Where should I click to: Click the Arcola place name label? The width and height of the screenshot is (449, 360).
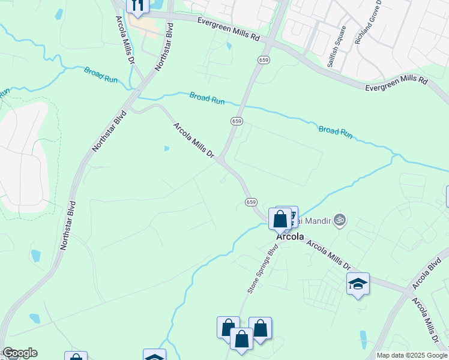pyautogui.click(x=291, y=237)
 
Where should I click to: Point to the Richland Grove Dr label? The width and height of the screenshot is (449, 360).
pyautogui.click(x=369, y=22)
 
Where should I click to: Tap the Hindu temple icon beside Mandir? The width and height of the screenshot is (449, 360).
pyautogui.click(x=340, y=220)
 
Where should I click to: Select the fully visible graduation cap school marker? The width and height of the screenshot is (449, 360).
pyautogui.click(x=358, y=284)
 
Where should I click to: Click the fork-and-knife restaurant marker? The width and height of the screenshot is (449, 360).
pyautogui.click(x=137, y=5)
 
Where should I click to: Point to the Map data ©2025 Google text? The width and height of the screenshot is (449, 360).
pyautogui.click(x=412, y=355)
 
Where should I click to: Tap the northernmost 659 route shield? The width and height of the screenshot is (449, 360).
pyautogui.click(x=264, y=59)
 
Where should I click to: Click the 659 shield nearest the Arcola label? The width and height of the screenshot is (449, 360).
pyautogui.click(x=252, y=202)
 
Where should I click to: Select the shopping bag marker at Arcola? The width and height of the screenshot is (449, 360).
pyautogui.click(x=280, y=219)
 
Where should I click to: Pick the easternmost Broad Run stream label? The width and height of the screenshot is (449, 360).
pyautogui.click(x=336, y=131)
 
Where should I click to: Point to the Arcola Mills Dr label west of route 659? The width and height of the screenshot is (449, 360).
pyautogui.click(x=193, y=140)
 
